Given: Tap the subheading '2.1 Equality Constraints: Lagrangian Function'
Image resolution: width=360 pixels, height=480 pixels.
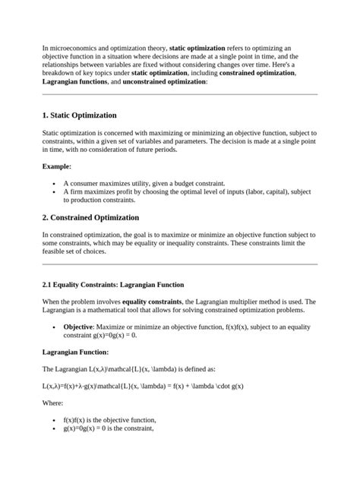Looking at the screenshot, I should pos(113,285).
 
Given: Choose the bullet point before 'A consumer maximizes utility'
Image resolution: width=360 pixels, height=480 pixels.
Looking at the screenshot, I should pos(52,184).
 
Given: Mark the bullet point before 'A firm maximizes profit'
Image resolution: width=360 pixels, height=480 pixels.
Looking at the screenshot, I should pos(52,193).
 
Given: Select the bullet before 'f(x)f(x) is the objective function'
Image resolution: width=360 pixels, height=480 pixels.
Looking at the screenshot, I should pos(52,420).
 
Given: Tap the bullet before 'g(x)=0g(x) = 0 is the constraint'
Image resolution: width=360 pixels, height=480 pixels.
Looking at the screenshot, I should pos(52,429).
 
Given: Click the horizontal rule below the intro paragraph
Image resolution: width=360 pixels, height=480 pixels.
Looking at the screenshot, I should pos(180,94).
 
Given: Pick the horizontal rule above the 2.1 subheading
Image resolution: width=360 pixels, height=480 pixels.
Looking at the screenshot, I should pos(180,264).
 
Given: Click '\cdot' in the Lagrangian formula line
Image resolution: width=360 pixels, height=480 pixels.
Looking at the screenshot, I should pos(216,386).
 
